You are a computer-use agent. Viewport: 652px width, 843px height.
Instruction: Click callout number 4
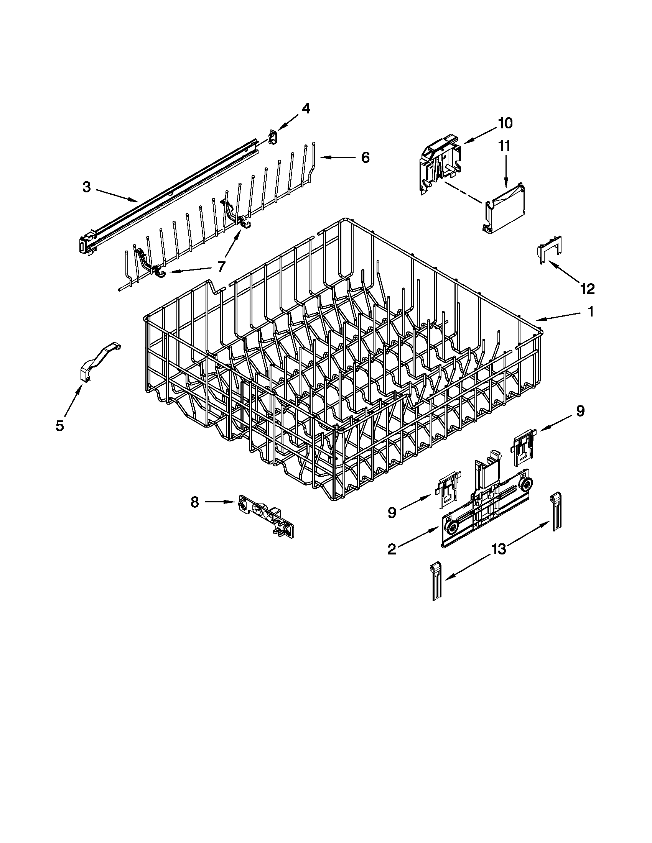(x=306, y=109)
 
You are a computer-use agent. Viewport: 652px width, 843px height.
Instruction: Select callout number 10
(x=505, y=123)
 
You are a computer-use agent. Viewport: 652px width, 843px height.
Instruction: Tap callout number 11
(x=504, y=146)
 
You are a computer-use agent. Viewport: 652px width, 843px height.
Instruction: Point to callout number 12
(x=586, y=288)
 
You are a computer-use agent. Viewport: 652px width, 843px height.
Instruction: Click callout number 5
(x=59, y=426)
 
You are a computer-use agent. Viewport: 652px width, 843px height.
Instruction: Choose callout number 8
(x=194, y=502)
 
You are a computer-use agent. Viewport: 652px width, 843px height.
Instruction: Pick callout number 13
(x=499, y=549)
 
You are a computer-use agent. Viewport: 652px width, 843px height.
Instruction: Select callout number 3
(x=87, y=188)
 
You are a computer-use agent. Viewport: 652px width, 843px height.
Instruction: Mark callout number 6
(x=365, y=157)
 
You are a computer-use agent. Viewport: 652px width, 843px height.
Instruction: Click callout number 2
(x=392, y=549)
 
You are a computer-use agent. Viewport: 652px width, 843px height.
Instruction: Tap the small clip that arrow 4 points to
(x=273, y=137)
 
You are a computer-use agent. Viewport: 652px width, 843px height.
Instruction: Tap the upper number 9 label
(x=580, y=411)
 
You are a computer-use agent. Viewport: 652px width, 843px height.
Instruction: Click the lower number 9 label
(x=392, y=513)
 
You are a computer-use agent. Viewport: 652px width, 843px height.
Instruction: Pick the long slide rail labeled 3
(x=170, y=196)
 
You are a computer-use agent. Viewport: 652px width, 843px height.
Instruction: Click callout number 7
(x=221, y=266)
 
